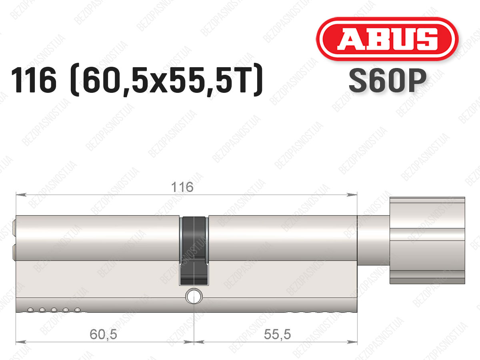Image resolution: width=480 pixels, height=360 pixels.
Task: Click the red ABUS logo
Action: pos(387,39)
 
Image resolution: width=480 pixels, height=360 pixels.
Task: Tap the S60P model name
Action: pos(388,81)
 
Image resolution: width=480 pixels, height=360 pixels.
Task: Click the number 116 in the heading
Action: pos(34,80)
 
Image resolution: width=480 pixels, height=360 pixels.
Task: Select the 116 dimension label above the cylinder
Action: pos(182,187)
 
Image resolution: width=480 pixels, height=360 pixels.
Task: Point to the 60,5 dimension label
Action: pos(103,334)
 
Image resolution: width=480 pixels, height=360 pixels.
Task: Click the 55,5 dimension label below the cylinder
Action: pos(277,334)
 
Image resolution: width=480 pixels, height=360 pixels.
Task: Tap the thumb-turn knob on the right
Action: pos(427,240)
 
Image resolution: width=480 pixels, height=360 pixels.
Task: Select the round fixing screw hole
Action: pos(194,296)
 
